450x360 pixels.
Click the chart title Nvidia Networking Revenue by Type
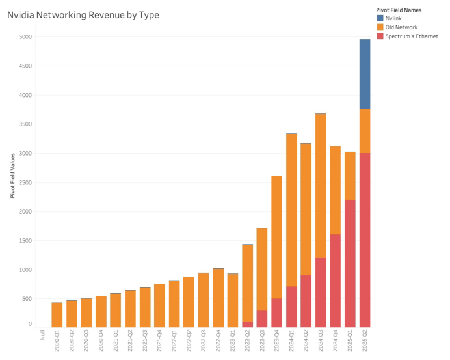click(83, 15)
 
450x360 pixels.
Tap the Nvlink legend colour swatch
click(380, 18)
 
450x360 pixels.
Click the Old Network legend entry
click(401, 27)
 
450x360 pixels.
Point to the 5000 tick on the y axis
click(24, 37)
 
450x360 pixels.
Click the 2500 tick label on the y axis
click(24, 182)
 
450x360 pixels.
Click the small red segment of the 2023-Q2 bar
click(247, 324)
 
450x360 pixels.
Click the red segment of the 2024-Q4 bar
click(336, 281)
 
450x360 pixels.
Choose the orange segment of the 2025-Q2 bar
click(365, 131)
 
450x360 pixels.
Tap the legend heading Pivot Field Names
click(398, 10)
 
